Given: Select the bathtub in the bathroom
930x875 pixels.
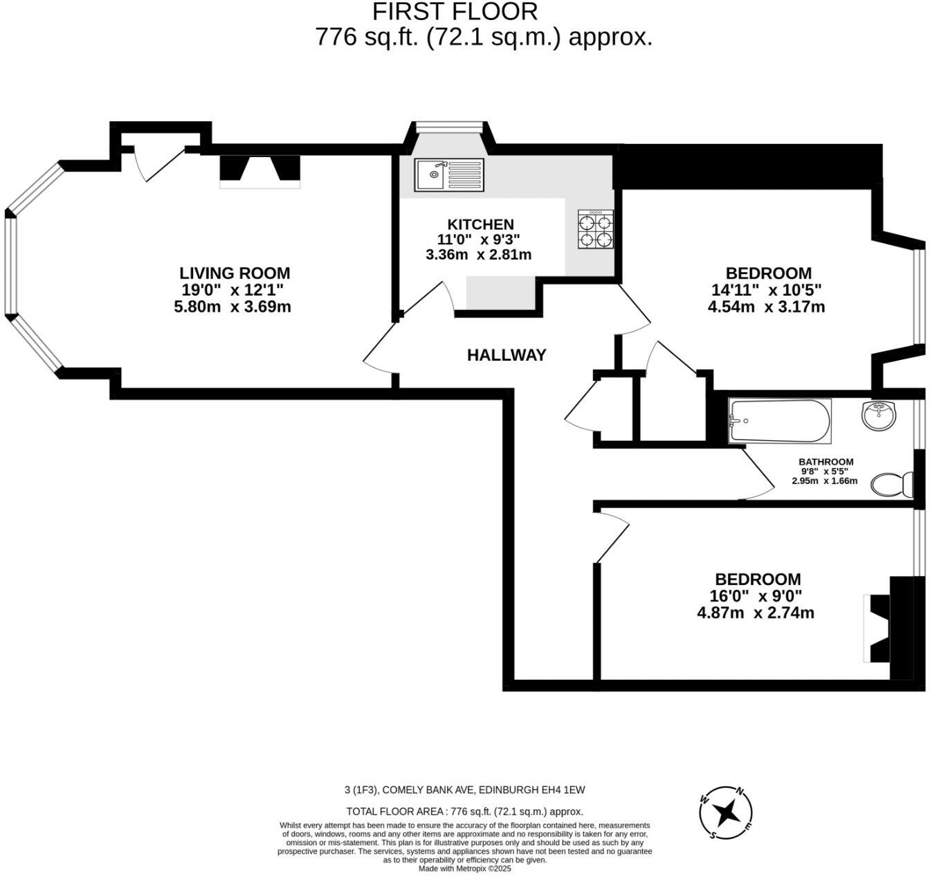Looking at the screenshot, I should click(779, 421).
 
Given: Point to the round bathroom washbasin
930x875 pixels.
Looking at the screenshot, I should click(879, 416).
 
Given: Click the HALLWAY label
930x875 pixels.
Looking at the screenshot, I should click(507, 355).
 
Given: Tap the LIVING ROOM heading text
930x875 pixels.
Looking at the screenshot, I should click(235, 273).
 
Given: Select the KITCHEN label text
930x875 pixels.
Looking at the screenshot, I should click(480, 224).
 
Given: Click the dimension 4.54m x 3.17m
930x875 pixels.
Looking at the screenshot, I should click(766, 307).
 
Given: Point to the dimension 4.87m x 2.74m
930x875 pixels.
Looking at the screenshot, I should click(756, 613).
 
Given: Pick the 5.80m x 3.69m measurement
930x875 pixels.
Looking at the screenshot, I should click(232, 306).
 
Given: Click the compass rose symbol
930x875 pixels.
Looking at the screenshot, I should click(726, 813).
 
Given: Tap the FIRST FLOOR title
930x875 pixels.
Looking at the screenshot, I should click(455, 12).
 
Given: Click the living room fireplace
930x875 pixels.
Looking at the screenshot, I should click(260, 171).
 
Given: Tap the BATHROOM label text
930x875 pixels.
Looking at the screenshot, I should click(826, 462).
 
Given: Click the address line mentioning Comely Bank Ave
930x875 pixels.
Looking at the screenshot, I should click(464, 790).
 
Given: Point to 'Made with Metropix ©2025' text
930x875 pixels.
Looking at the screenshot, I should click(464, 869).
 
